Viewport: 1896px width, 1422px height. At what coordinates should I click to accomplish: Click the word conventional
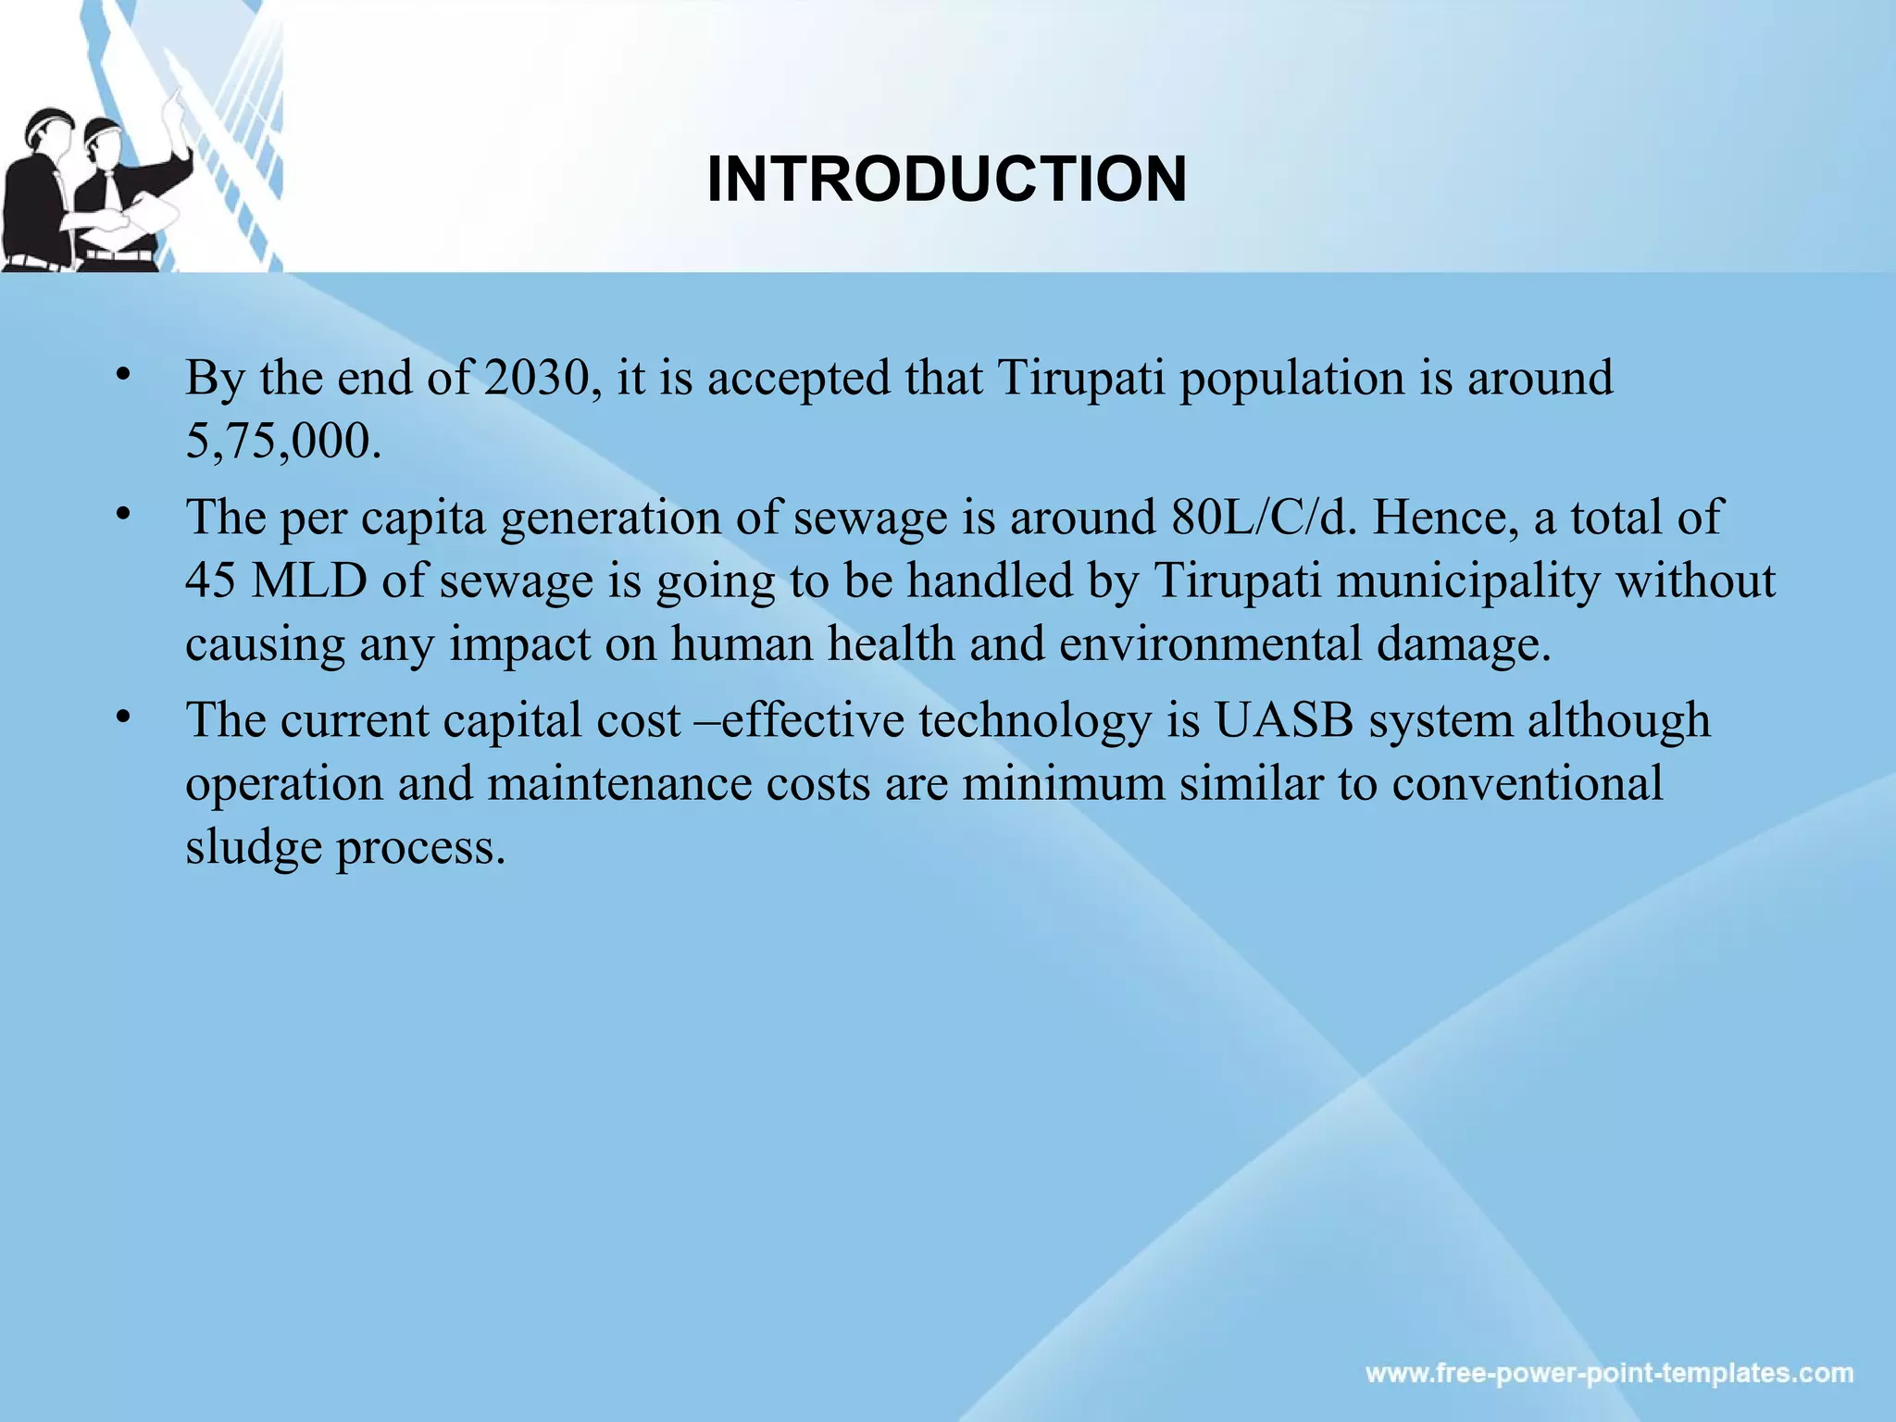(1528, 783)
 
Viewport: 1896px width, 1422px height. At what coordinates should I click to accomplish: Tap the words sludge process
(344, 846)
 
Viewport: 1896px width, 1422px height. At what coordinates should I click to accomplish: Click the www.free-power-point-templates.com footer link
(1609, 1372)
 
